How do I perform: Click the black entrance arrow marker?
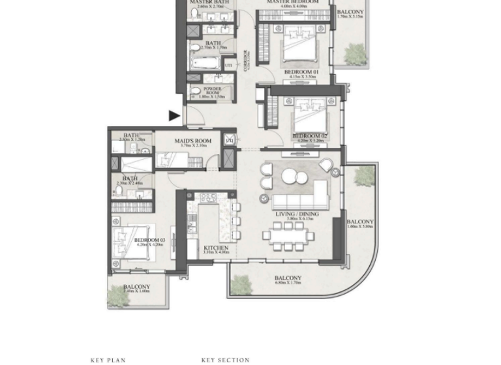[x=174, y=116]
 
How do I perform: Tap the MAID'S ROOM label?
[x=193, y=141]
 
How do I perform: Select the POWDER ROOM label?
[x=213, y=90]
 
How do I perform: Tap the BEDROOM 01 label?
[x=300, y=72]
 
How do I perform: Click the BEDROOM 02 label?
[x=309, y=136]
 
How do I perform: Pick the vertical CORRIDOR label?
[x=245, y=59]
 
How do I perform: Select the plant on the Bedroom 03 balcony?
[x=119, y=297]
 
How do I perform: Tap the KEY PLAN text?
[x=107, y=360]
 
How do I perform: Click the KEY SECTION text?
[x=226, y=360]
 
